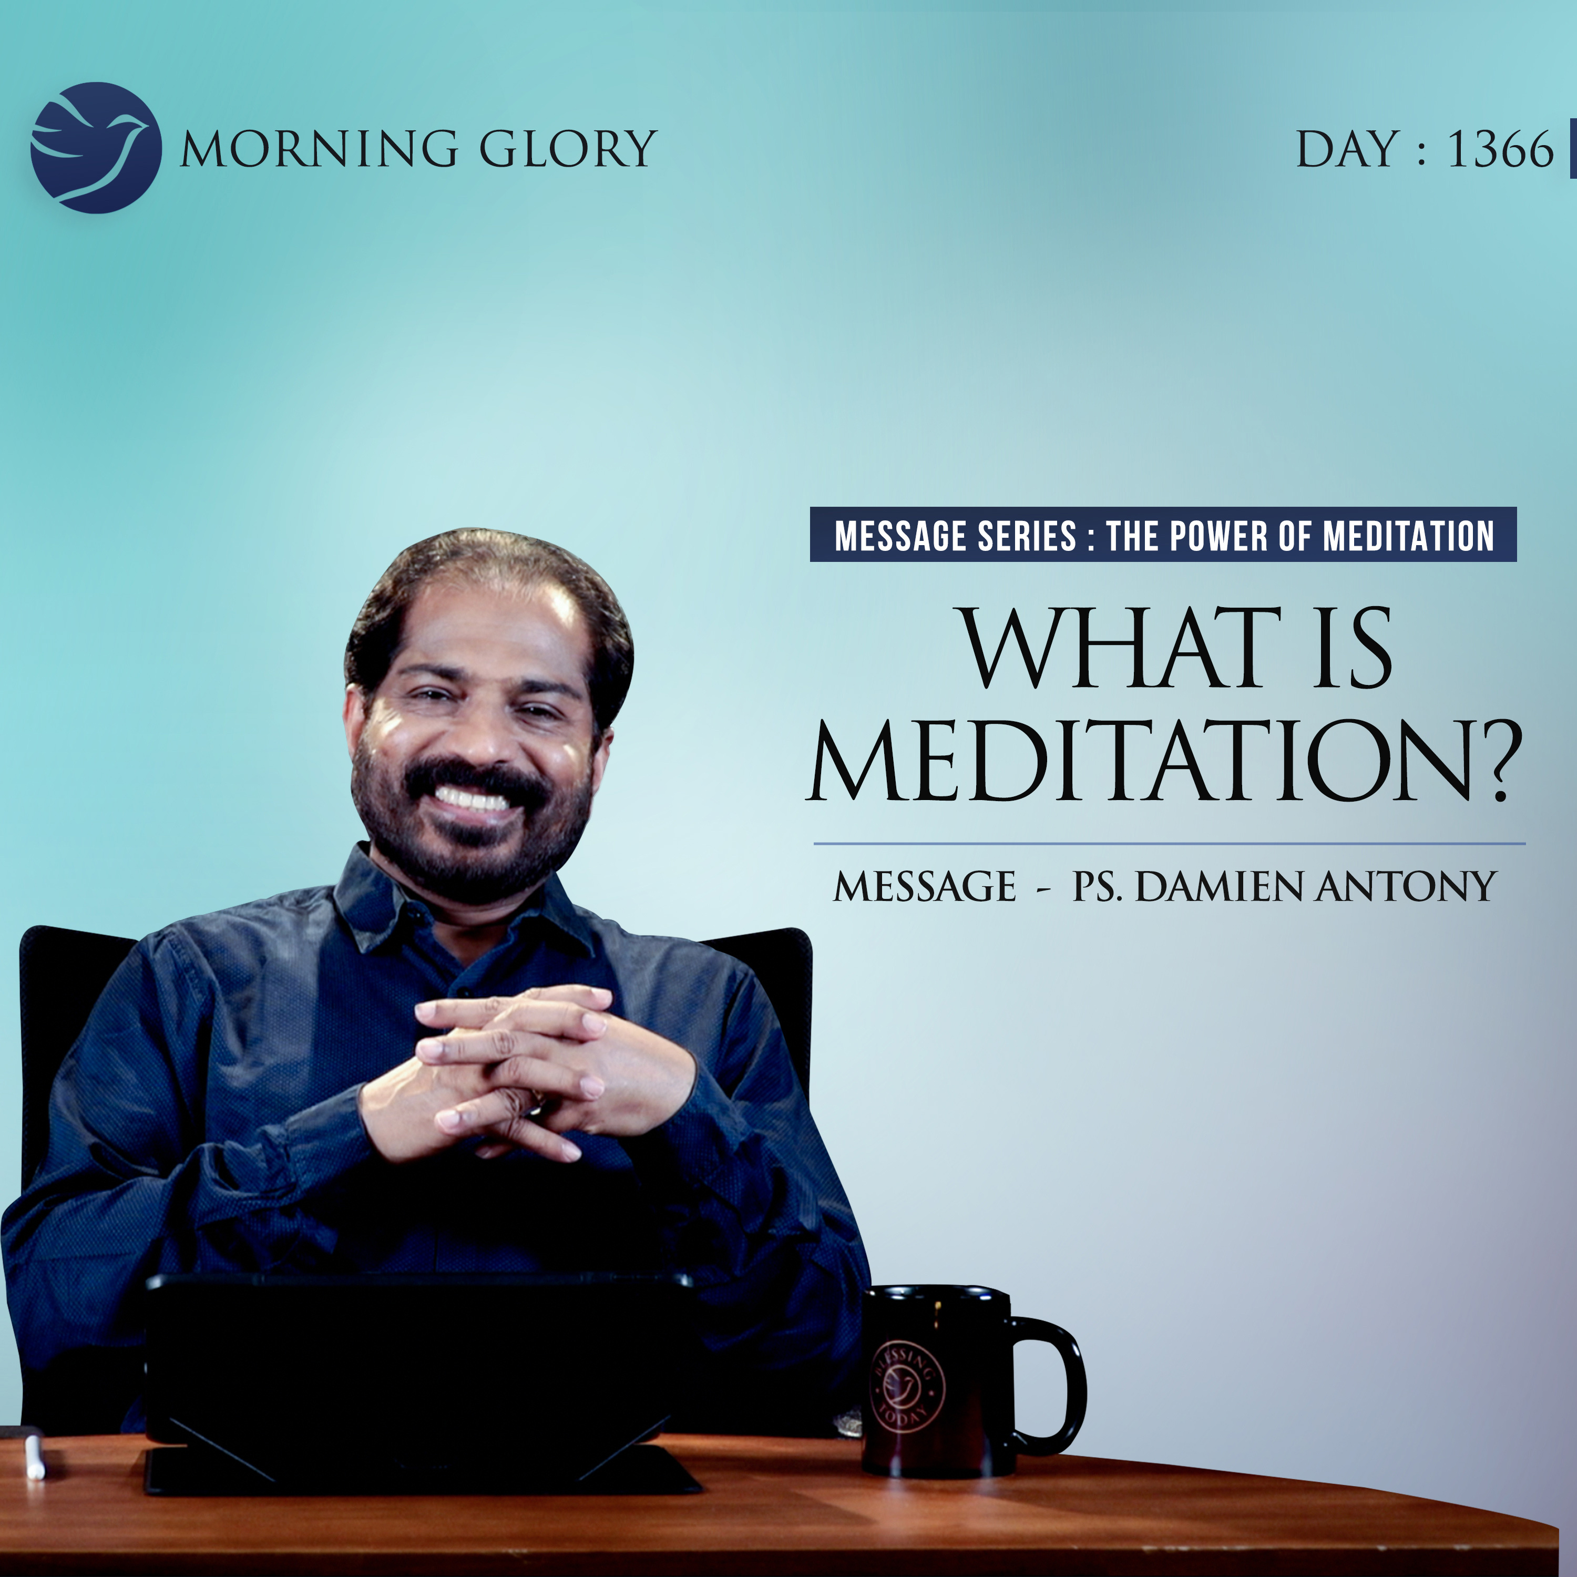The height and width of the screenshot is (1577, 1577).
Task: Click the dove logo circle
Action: click(96, 148)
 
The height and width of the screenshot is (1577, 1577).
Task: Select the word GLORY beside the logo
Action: click(567, 149)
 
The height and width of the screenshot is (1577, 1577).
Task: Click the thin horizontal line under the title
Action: click(1170, 843)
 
